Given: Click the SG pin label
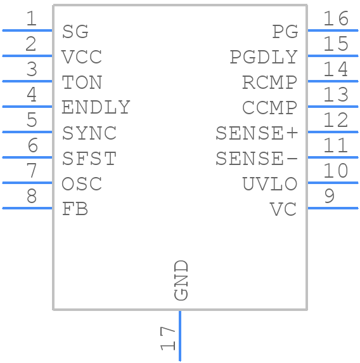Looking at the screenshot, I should [75, 32].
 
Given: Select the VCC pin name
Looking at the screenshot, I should [82, 57].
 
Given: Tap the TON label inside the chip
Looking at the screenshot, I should [82, 82].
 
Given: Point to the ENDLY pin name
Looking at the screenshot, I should [96, 108].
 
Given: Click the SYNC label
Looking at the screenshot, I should [89, 133].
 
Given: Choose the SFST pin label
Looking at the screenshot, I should [89, 159].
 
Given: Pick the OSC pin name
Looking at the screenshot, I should [82, 184].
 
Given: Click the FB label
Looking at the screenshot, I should [75, 209].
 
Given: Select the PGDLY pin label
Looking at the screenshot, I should [263, 57].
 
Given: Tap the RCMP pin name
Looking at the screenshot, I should [269, 82].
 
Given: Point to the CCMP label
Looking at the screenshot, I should [269, 108].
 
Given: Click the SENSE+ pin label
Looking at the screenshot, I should [256, 133].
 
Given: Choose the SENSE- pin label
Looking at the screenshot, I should [256, 159].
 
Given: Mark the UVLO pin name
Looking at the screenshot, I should [269, 184].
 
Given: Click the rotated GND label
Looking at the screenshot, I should [181, 280].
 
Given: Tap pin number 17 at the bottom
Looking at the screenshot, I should [167, 338].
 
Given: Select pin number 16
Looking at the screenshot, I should [335, 18].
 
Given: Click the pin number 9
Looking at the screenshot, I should [328, 196].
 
